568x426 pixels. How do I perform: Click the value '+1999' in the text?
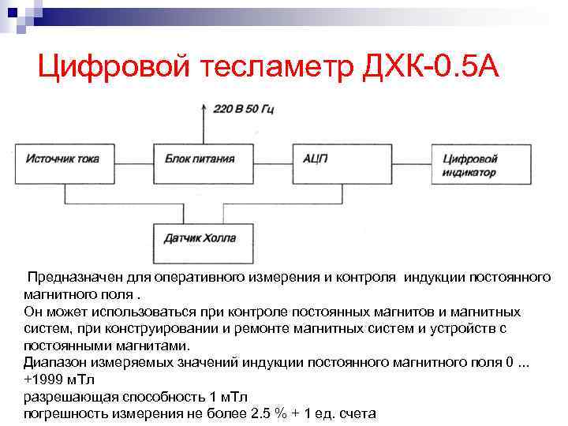pos(41,379)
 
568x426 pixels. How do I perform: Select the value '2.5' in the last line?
pos(261,413)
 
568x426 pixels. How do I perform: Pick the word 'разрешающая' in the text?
pos(60,397)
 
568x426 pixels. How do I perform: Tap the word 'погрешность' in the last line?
pos(61,413)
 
